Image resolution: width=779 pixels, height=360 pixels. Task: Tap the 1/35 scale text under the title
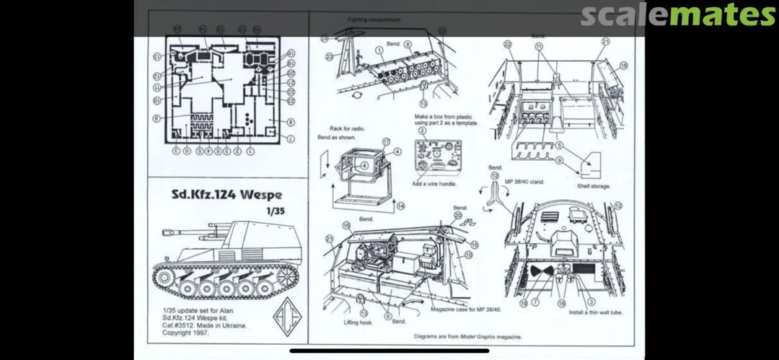pyautogui.click(x=275, y=211)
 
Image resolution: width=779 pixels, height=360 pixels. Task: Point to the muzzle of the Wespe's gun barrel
pyautogui.click(x=164, y=232)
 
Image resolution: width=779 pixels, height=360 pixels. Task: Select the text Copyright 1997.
pyautogui.click(x=186, y=333)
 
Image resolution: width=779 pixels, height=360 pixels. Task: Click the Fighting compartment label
pyautogui.click(x=374, y=19)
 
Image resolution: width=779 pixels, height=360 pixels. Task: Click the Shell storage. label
pyautogui.click(x=594, y=186)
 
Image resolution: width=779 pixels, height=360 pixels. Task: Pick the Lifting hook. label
pyautogui.click(x=357, y=323)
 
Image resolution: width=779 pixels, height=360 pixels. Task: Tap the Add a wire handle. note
pyautogui.click(x=438, y=183)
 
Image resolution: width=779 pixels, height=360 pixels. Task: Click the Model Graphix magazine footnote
pyautogui.click(x=468, y=336)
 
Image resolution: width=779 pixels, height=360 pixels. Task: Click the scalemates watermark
pyautogui.click(x=677, y=14)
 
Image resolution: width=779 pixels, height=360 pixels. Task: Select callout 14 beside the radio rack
pyautogui.click(x=401, y=206)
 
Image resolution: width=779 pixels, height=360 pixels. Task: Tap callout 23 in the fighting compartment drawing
pyautogui.click(x=328, y=56)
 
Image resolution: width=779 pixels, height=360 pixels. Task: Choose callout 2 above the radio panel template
pyautogui.click(x=422, y=130)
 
